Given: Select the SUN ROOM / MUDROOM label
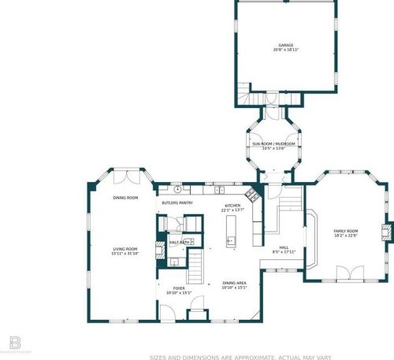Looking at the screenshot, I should (273, 144).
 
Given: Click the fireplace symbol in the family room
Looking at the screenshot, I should (385, 232).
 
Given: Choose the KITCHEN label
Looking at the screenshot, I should (233, 206).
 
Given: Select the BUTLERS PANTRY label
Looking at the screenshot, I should (177, 202).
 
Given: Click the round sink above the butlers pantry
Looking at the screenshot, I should (179, 189).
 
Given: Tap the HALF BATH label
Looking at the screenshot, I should (179, 243).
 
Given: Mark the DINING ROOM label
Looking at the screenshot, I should (125, 198).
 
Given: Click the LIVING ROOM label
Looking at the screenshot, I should (125, 249).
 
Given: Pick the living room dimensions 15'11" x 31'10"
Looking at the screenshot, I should (125, 254).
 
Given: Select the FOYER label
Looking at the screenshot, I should (180, 288).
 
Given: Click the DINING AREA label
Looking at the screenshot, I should (235, 284).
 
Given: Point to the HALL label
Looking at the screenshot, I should (284, 247).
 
